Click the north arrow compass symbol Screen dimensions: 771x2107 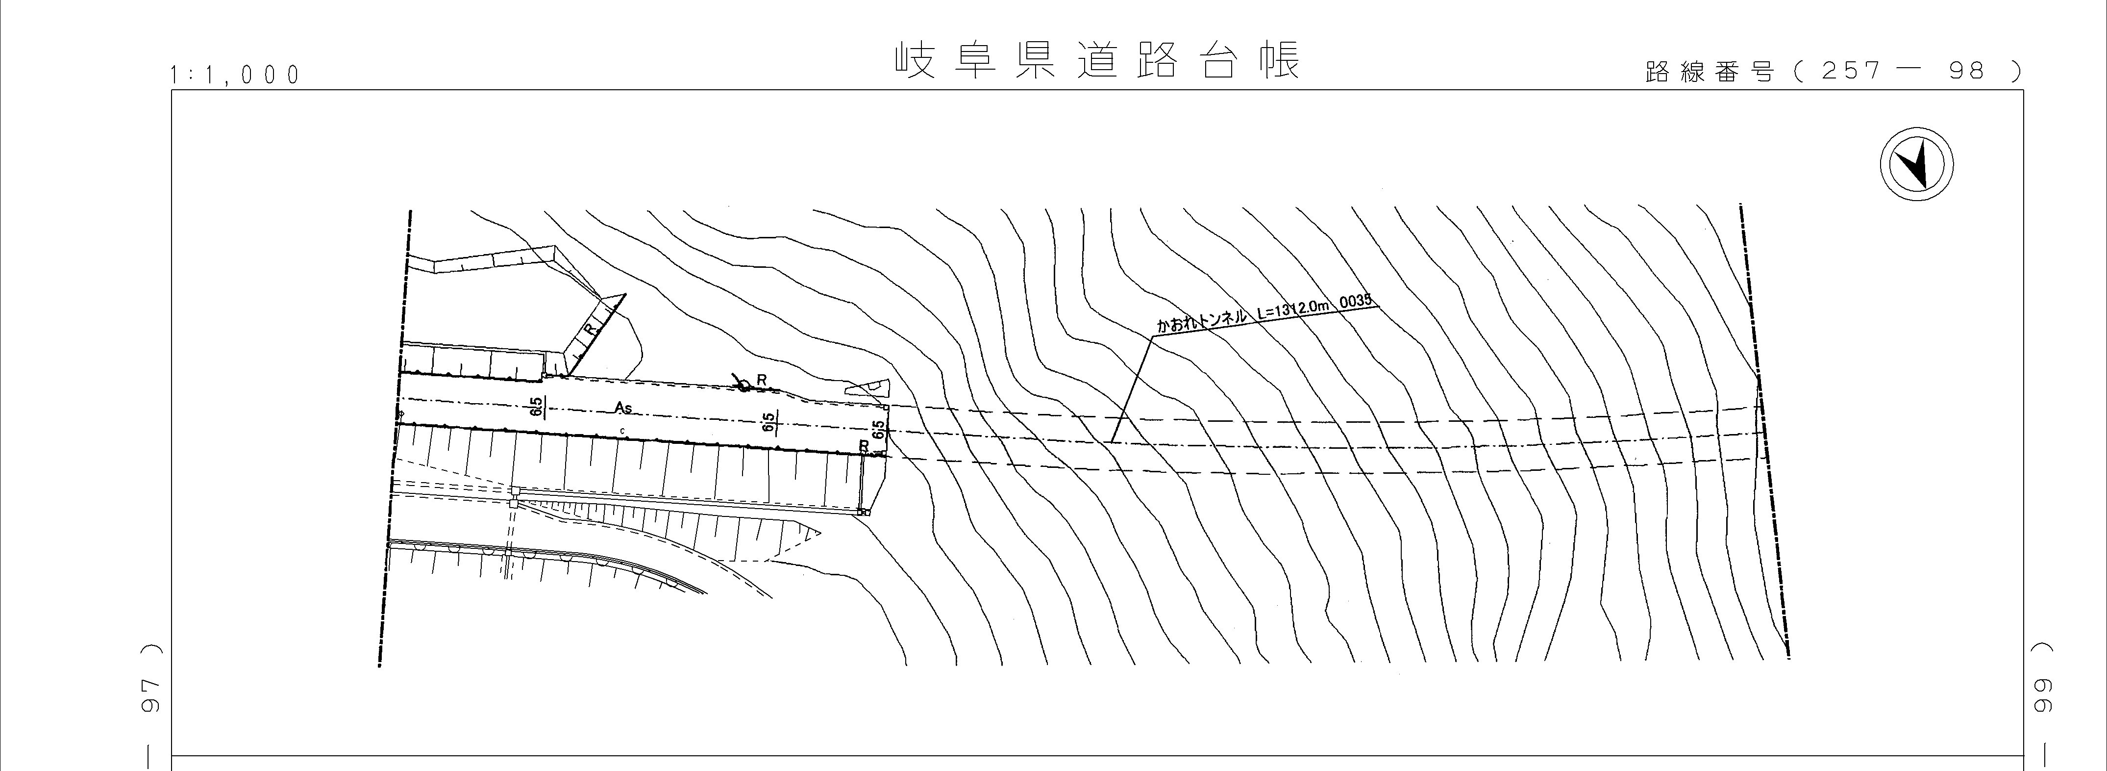coord(1916,164)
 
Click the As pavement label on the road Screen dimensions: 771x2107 coord(623,407)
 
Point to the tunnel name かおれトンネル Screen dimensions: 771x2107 coord(1201,321)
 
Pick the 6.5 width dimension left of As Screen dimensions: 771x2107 coord(536,406)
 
